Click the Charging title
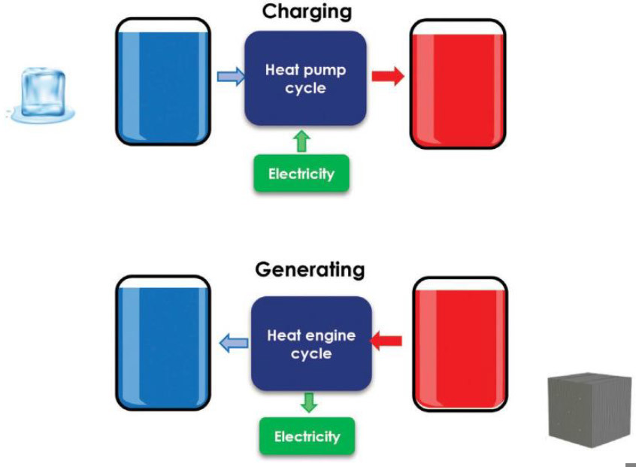click(306, 12)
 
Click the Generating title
click(310, 270)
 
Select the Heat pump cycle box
click(305, 78)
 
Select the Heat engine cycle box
click(310, 344)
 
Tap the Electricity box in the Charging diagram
click(301, 174)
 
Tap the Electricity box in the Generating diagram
click(306, 436)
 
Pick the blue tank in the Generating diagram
click(162, 343)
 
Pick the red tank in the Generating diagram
click(459, 344)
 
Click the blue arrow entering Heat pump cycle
click(230, 76)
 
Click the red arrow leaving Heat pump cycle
click(388, 76)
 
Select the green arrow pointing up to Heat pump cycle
click(301, 141)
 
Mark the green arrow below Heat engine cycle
click(307, 402)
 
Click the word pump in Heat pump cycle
click(329, 71)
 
